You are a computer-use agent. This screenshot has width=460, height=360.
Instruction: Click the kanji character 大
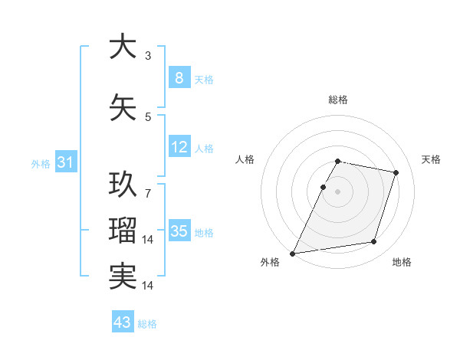[x=123, y=47]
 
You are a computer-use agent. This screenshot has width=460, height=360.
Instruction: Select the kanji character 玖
[x=123, y=185]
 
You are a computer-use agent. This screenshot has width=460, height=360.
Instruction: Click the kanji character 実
[x=123, y=276]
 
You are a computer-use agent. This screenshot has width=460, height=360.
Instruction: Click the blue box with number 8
[x=179, y=78]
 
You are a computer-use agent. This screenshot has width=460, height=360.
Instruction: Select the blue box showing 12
[x=179, y=147]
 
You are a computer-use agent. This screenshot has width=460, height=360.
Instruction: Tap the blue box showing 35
[x=179, y=231]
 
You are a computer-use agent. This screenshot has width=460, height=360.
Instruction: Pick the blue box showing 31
[x=65, y=162]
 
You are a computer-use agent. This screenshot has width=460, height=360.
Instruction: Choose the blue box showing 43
[x=123, y=322]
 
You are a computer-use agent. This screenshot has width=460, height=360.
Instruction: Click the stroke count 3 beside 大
[x=148, y=56]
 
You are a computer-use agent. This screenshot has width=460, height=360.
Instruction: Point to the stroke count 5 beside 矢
[x=148, y=117]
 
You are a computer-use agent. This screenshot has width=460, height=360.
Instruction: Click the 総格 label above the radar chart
[x=338, y=100]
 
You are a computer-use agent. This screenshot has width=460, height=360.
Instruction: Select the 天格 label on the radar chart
[x=432, y=159]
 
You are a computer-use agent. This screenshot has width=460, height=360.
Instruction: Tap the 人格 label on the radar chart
[x=245, y=159]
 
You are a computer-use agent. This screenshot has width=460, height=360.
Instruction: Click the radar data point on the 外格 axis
[x=293, y=253]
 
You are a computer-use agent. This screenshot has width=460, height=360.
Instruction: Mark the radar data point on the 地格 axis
[x=374, y=242]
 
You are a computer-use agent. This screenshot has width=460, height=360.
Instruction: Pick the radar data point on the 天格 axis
[x=396, y=172]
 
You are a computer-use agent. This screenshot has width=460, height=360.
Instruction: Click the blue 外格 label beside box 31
[x=41, y=163]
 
